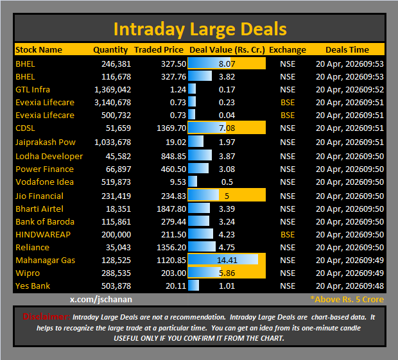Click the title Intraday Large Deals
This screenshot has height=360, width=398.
pyautogui.click(x=200, y=30)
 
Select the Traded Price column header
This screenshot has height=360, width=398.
pyautogui.click(x=159, y=49)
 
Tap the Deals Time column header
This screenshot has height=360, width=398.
pyautogui.click(x=347, y=49)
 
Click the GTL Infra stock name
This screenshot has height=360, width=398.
pyautogui.click(x=33, y=89)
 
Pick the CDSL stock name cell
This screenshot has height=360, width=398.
pyautogui.click(x=25, y=128)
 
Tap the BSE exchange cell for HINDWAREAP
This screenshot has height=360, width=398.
pyautogui.click(x=288, y=234)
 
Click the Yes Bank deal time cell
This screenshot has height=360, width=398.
pyautogui.click(x=350, y=286)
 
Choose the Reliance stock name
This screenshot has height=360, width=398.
pyautogui.click(x=32, y=247)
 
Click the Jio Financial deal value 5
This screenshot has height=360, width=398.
pyautogui.click(x=227, y=196)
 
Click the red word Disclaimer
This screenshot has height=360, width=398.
pyautogui.click(x=46, y=316)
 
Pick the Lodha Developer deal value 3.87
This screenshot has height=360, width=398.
pyautogui.click(x=227, y=156)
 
